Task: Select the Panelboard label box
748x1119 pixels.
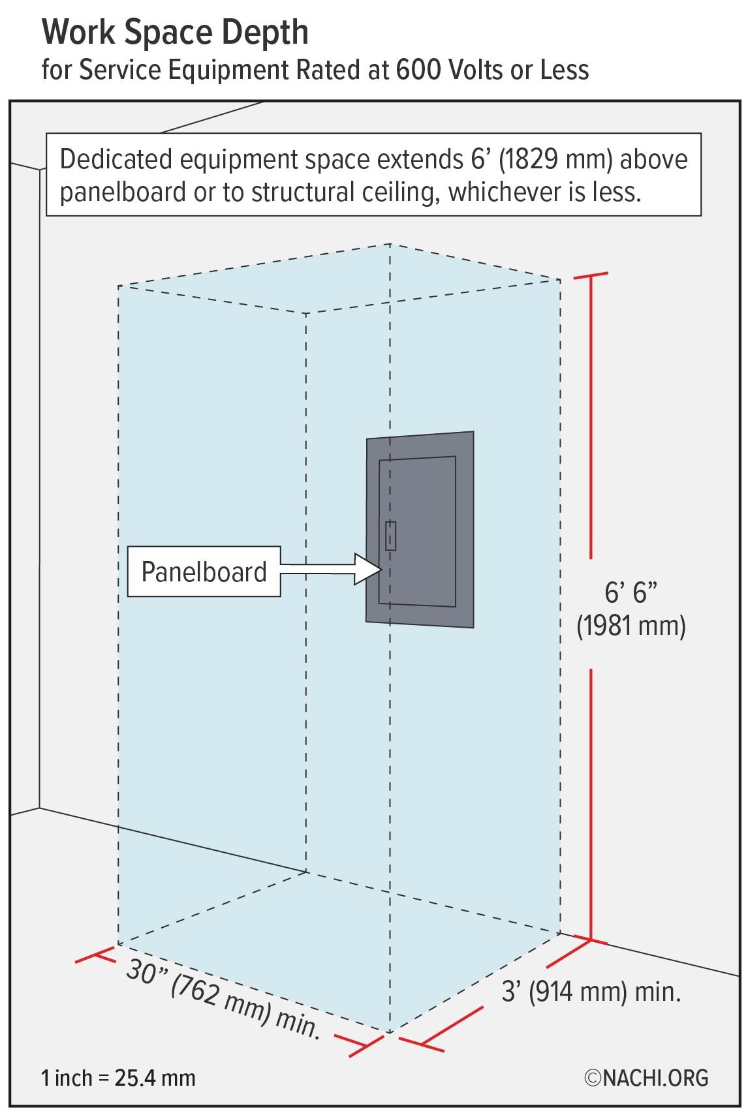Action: pyautogui.click(x=204, y=572)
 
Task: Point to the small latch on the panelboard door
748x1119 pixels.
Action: pyautogui.click(x=390, y=536)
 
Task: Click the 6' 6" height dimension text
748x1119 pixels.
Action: pyautogui.click(x=631, y=592)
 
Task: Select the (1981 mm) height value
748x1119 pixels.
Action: pyautogui.click(x=631, y=626)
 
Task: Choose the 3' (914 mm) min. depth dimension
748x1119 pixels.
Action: pyautogui.click(x=591, y=992)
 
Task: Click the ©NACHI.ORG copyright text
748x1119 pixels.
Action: pyautogui.click(x=646, y=1077)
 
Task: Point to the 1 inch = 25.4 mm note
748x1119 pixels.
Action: pyautogui.click(x=118, y=1078)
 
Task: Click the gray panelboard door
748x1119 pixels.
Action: pyautogui.click(x=417, y=530)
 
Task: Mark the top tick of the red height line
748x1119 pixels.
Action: pyautogui.click(x=591, y=277)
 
